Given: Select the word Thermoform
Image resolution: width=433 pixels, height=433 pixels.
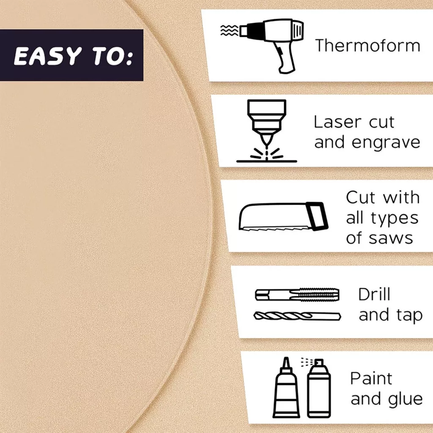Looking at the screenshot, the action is click(x=367, y=45).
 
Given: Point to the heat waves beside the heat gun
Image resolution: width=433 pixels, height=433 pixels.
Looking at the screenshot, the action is click(x=229, y=30).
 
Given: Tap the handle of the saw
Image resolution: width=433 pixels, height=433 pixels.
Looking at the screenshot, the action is click(x=317, y=216).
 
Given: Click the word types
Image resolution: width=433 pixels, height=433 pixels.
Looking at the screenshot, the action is click(x=395, y=219).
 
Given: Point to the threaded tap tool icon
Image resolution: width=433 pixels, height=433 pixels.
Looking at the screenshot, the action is click(x=297, y=294).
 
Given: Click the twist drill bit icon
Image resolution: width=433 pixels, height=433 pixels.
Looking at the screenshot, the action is click(x=297, y=316).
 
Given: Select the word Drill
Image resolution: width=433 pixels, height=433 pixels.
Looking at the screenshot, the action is click(x=374, y=294).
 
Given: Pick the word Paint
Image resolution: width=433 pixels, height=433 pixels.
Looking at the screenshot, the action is click(x=371, y=378).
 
